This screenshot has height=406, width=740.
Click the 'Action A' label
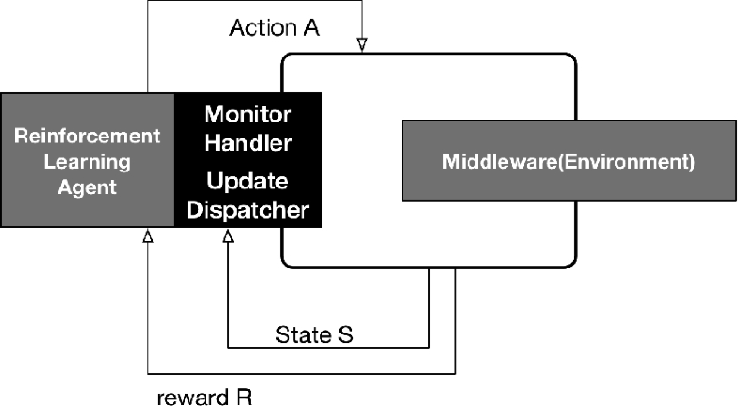[x=274, y=27]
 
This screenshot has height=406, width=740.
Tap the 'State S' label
[x=315, y=333]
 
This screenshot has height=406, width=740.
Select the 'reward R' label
[x=203, y=397]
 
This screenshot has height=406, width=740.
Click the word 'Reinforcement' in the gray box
[x=88, y=137]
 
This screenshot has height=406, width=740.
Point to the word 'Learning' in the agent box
[x=88, y=162]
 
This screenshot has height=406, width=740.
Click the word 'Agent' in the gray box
[x=88, y=187]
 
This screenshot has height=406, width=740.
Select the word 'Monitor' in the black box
[x=248, y=115]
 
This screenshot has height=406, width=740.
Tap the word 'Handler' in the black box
[x=248, y=144]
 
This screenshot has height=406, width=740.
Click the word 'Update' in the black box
[x=248, y=180]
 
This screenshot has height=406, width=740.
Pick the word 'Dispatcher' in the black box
[x=248, y=209]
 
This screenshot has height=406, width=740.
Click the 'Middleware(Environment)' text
[x=568, y=161]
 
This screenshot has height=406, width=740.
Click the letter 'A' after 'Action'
[x=311, y=27]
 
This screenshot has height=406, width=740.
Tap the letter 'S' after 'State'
[x=346, y=333]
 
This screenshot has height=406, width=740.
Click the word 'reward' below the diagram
[x=191, y=397]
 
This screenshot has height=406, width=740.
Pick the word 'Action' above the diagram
[x=261, y=27]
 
